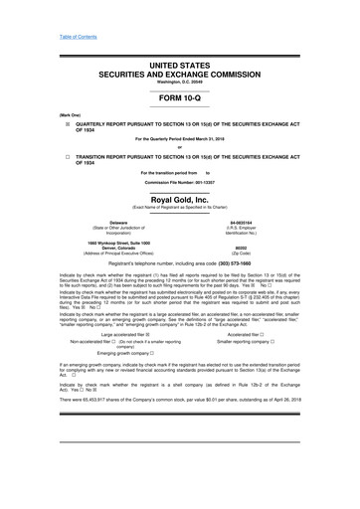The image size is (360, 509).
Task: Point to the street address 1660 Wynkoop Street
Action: point(109,244)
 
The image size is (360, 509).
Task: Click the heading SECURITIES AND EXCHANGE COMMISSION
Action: point(180,52)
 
